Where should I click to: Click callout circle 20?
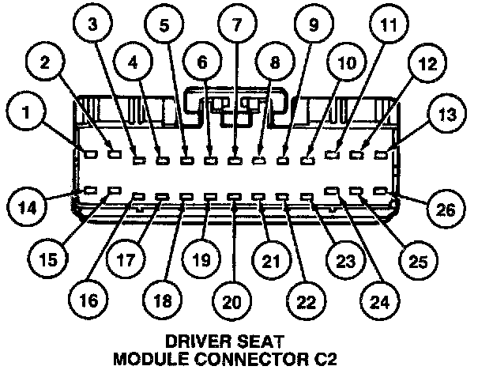pyautogui.click(x=231, y=302)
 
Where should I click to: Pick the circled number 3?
pyautogui.click(x=94, y=25)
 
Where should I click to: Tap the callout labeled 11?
pyautogui.click(x=386, y=25)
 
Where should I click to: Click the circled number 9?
pyautogui.click(x=312, y=25)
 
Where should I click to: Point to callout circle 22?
pyautogui.click(x=303, y=301)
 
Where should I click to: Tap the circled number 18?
pyautogui.click(x=162, y=301)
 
